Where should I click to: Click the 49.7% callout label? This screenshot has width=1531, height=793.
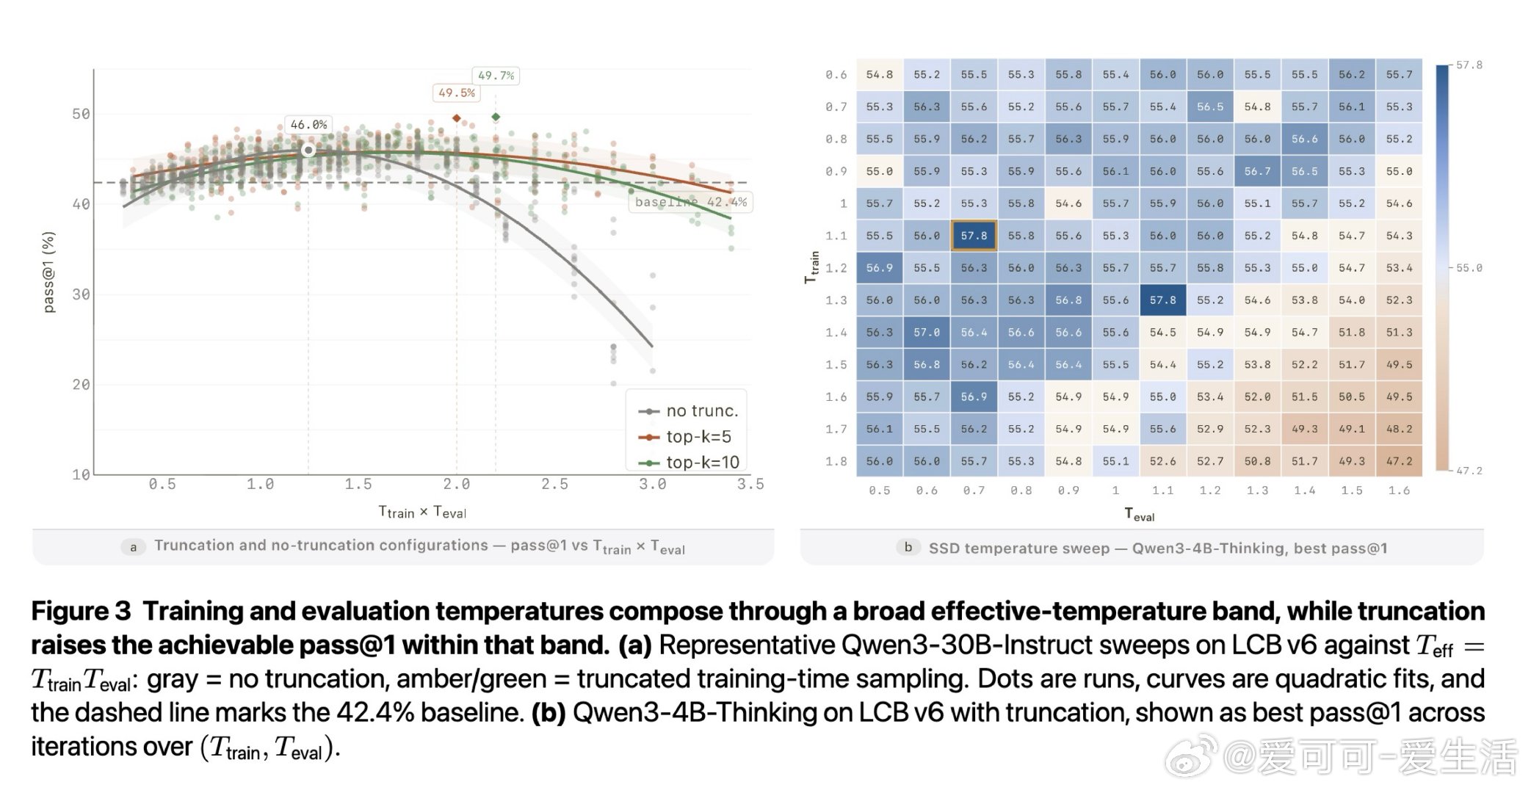[496, 76]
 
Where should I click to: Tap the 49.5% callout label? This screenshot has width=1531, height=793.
[456, 93]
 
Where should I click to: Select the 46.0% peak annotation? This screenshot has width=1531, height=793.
[308, 125]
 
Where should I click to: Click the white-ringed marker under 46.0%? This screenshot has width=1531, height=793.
[308, 151]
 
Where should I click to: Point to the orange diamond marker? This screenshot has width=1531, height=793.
[457, 117]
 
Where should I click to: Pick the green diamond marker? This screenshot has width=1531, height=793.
[496, 117]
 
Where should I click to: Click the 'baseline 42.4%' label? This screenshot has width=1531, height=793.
[690, 202]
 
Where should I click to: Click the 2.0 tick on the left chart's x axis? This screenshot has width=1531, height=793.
[457, 485]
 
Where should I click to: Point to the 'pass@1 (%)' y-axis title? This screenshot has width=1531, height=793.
[48, 272]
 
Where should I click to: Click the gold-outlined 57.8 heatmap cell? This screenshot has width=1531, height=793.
[974, 236]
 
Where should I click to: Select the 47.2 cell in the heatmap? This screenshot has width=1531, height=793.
[1399, 461]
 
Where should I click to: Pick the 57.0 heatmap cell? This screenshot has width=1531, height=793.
[927, 333]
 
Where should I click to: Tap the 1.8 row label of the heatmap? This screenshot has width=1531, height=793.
[836, 461]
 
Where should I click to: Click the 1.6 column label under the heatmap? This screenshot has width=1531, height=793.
[1399, 490]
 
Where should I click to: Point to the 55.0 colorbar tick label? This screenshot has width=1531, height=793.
[1469, 268]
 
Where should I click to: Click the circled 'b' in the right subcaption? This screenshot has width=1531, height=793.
[908, 547]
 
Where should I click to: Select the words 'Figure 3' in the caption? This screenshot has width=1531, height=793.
[81, 611]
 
